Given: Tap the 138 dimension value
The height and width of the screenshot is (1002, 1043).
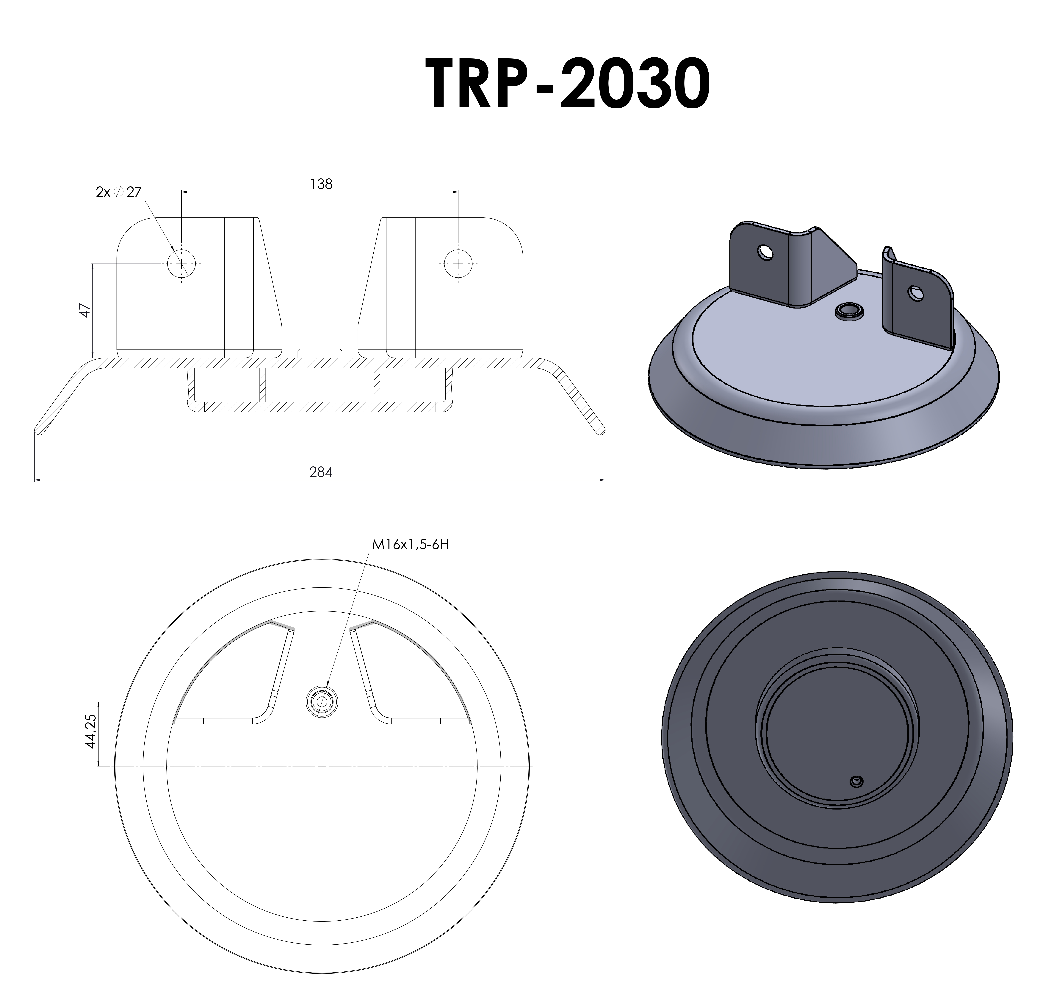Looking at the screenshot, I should [x=321, y=184].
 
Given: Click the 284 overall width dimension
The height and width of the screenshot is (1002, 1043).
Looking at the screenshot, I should [x=321, y=472].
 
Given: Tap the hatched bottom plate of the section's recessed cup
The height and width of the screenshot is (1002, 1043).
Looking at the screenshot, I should [x=319, y=407].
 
